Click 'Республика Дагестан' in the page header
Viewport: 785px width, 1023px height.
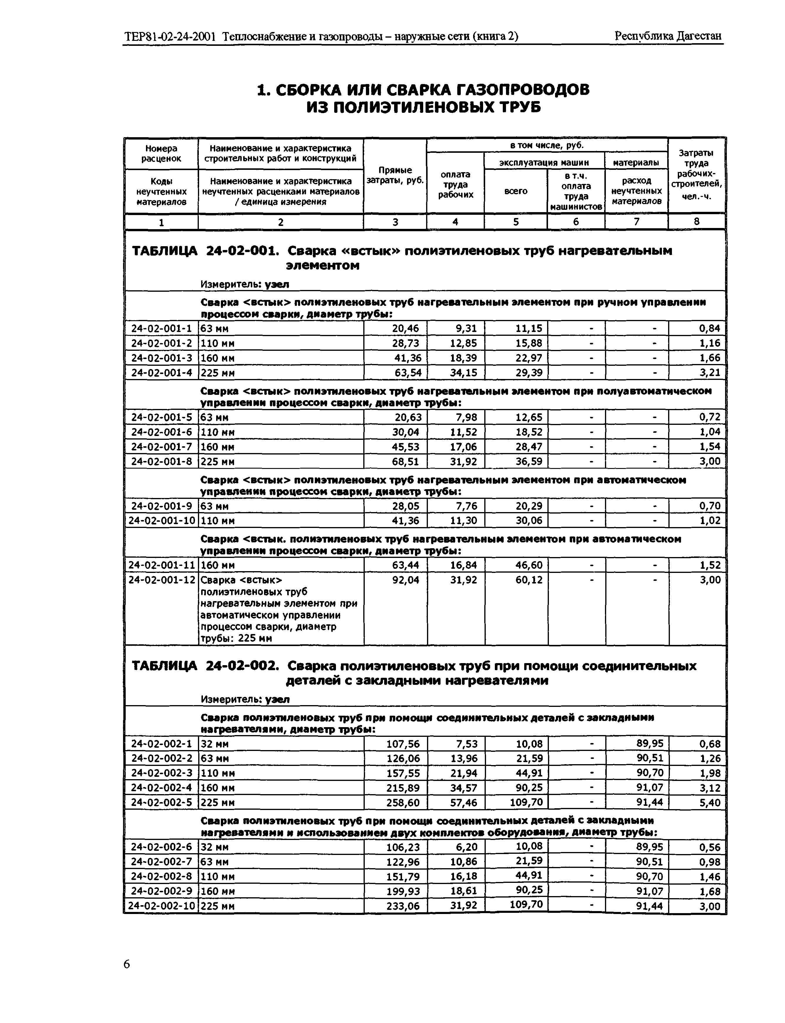pos(668,36)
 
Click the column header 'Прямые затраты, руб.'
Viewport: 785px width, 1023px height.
pos(395,175)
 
